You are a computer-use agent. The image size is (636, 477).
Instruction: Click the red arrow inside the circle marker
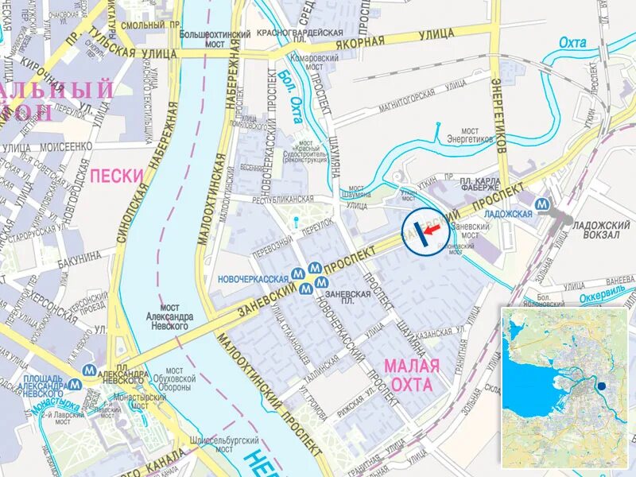tap(431, 231)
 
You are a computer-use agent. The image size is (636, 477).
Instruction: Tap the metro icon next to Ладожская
tap(541, 204)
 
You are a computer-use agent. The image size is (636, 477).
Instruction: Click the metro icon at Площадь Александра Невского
tap(75, 383)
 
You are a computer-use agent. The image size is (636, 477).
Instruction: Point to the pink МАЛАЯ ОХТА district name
tap(410, 375)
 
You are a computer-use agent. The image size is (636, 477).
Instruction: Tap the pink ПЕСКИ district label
tap(116, 175)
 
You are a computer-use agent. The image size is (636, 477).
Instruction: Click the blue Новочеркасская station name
tap(253, 279)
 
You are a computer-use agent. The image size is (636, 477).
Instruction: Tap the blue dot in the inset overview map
tap(602, 387)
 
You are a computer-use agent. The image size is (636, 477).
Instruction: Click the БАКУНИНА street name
tap(79, 256)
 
